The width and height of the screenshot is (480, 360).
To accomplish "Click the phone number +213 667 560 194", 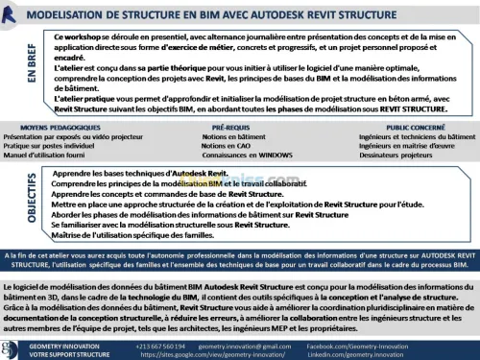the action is click(159, 344).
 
